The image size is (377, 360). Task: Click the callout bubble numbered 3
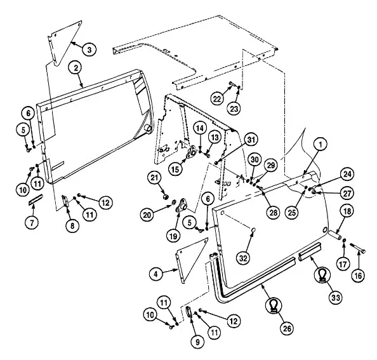coord(89,50)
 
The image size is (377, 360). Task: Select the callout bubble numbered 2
coord(76,68)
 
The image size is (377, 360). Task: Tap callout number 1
coord(321,144)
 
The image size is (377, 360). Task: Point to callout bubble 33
coord(336,298)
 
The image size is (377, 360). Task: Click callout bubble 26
coord(287,328)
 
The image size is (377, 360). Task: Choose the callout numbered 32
coord(243,258)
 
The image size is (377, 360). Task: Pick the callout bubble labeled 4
coord(156,274)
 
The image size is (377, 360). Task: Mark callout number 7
coord(32,223)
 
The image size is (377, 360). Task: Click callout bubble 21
coord(154,178)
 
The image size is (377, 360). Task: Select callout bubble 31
coord(251,140)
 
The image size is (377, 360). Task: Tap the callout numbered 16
coord(358,276)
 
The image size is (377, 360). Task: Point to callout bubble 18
coord(347,211)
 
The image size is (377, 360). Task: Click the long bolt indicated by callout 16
coord(358,248)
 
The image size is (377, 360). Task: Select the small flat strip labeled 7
coord(36,200)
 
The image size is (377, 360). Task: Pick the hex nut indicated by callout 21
coord(165,197)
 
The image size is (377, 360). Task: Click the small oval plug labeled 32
coord(253,230)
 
